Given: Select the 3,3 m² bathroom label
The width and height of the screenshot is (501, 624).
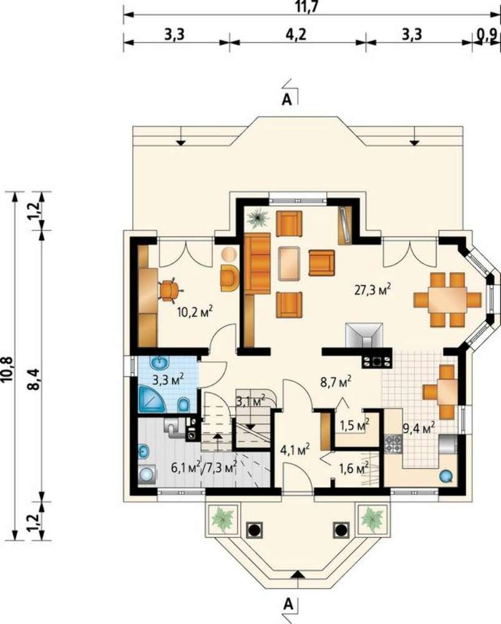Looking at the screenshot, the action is point(168,379).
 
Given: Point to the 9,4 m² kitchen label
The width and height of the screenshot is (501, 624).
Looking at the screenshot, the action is point(418,428).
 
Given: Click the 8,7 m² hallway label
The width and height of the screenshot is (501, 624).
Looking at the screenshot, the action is point(336,382).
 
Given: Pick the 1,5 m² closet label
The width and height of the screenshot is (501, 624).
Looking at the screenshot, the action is point(354,424).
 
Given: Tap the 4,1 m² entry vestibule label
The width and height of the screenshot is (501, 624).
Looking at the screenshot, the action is point(295,450).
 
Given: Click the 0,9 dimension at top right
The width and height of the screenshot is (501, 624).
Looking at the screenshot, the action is point(487,34).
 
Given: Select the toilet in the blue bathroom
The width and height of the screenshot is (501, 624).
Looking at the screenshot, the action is point(183,405).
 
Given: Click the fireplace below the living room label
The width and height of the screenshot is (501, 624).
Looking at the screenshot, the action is point(364,335).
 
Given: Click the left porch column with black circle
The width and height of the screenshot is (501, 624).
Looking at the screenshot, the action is point(254,530).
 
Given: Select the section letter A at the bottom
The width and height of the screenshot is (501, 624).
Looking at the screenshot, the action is point(289,605).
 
